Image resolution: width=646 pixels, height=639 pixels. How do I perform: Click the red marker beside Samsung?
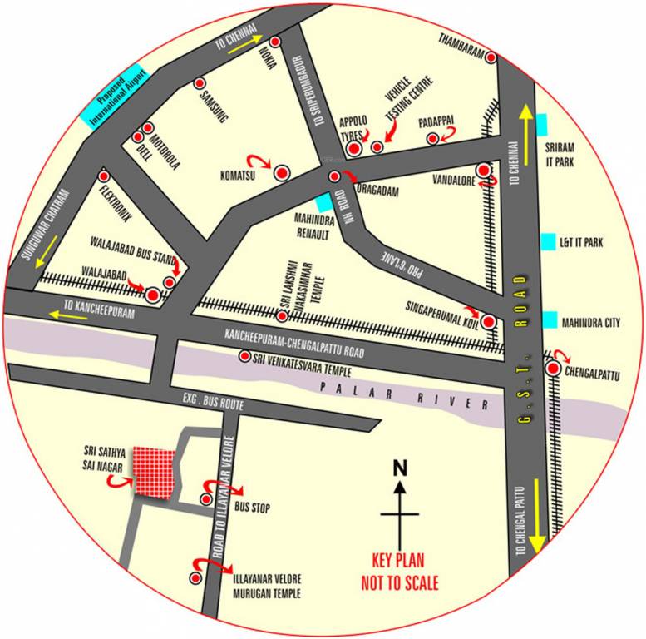200,83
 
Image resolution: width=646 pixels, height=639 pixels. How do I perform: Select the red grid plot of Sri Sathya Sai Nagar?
155,473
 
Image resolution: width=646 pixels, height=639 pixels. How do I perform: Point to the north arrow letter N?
400,468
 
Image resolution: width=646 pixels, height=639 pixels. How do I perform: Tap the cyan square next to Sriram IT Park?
543,122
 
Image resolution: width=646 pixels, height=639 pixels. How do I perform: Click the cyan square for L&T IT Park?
548,242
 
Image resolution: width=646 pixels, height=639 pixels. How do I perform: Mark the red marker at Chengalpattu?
554,368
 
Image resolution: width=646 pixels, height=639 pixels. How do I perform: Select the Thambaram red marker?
491,57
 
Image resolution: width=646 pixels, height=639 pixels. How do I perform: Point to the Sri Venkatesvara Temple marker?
245,356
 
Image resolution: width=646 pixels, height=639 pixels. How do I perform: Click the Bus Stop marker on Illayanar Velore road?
206,498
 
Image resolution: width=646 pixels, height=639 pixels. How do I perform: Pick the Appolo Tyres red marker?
354,149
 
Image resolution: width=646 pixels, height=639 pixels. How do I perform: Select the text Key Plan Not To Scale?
400,574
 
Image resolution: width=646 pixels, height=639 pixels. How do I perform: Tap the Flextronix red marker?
105,176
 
